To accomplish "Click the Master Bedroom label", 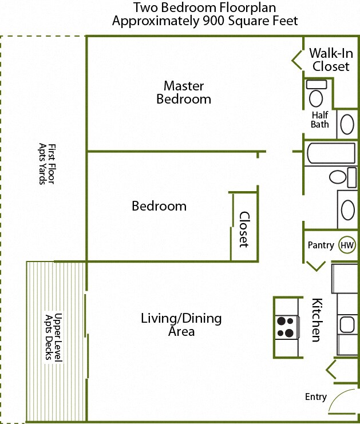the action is click(x=184, y=93).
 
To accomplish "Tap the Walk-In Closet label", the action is click(x=331, y=60).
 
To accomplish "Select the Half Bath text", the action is click(x=320, y=120).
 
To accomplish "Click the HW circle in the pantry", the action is click(x=347, y=245).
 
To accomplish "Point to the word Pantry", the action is click(x=321, y=245).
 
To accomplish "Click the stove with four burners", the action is click(x=287, y=327).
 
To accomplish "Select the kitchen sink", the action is click(x=347, y=324).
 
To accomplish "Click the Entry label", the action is click(x=315, y=397).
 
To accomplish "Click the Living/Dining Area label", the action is click(x=181, y=324).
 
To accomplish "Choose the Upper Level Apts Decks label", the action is click(x=54, y=336).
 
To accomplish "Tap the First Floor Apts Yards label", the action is click(x=47, y=164).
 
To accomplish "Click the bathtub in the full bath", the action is click(x=331, y=153).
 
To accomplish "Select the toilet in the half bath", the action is click(x=316, y=93).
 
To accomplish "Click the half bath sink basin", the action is click(x=347, y=124).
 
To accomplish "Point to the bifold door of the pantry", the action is click(x=316, y=266).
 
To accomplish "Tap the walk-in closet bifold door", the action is click(x=297, y=61).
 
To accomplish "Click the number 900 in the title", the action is click(x=213, y=21).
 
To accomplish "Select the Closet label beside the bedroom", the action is click(x=244, y=229).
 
